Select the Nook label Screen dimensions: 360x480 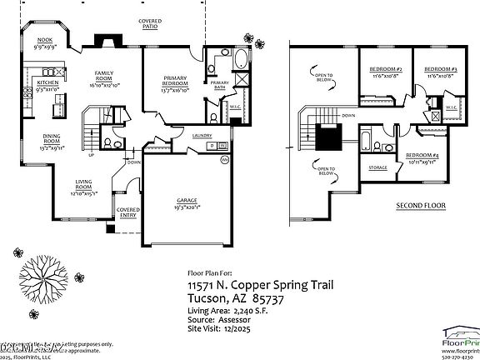tap(45, 41)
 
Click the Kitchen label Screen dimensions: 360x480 tap(47, 84)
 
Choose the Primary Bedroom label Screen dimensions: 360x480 tap(173, 82)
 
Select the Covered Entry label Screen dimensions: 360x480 tap(127, 212)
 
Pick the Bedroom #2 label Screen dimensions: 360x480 tap(387, 69)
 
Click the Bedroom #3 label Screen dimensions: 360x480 tap(440, 69)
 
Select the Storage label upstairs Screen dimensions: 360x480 tap(377, 167)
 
